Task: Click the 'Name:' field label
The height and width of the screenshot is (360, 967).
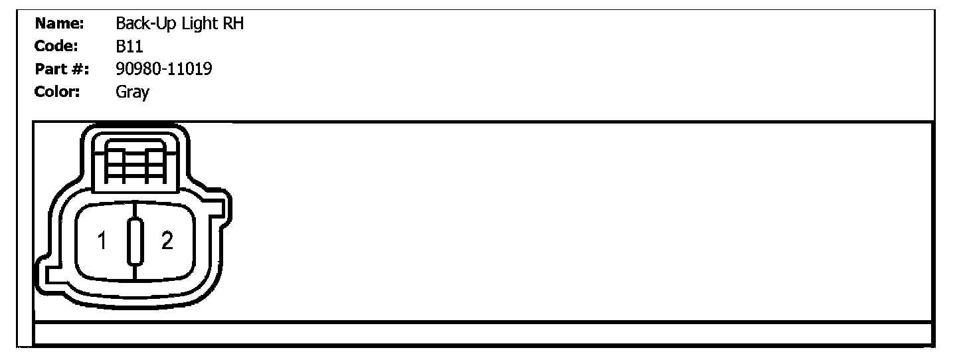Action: (58, 25)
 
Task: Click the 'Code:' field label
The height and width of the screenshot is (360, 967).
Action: (56, 46)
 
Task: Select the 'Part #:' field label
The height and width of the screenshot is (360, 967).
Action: (62, 68)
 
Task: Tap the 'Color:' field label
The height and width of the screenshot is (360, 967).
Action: (57, 91)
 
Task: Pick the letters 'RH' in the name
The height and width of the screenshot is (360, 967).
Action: (233, 25)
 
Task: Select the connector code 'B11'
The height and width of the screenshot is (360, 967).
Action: (130, 46)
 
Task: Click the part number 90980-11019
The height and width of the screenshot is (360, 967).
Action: (164, 68)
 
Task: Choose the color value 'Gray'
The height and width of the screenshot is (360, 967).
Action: (132, 92)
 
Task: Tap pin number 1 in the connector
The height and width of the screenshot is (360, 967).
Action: (102, 241)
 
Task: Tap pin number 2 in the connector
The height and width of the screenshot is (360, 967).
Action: (167, 241)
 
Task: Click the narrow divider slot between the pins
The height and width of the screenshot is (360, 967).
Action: (135, 241)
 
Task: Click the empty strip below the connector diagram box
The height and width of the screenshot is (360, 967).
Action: (483, 333)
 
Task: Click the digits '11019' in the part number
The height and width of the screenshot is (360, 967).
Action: (190, 68)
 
